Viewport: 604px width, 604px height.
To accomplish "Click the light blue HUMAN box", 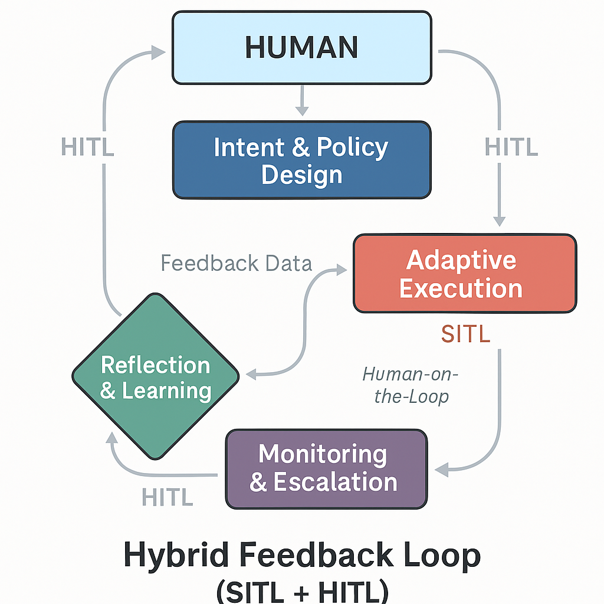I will pyautogui.click(x=301, y=47).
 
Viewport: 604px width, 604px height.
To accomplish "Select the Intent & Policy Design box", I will pyautogui.click(x=301, y=160).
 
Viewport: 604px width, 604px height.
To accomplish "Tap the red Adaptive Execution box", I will pyautogui.click(x=464, y=274).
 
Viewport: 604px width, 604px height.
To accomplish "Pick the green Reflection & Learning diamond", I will pyautogui.click(x=156, y=376).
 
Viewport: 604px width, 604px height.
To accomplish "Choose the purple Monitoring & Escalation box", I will pyautogui.click(x=326, y=468).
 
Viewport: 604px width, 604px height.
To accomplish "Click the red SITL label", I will pyautogui.click(x=465, y=334).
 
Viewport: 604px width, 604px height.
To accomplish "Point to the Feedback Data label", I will pyautogui.click(x=236, y=262).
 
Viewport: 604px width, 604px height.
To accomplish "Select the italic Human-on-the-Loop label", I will pyautogui.click(x=411, y=385).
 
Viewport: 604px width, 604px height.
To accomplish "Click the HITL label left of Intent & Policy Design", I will pyautogui.click(x=87, y=147).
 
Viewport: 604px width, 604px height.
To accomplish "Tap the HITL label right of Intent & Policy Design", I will pyautogui.click(x=511, y=147).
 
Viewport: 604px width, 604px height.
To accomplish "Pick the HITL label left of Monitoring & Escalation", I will pyautogui.click(x=168, y=498).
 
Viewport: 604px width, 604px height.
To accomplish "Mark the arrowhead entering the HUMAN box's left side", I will pyautogui.click(x=158, y=52).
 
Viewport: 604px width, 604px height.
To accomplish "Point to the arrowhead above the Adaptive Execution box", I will pyautogui.click(x=500, y=220).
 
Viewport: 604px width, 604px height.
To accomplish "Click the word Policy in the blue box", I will pyautogui.click(x=352, y=147).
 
